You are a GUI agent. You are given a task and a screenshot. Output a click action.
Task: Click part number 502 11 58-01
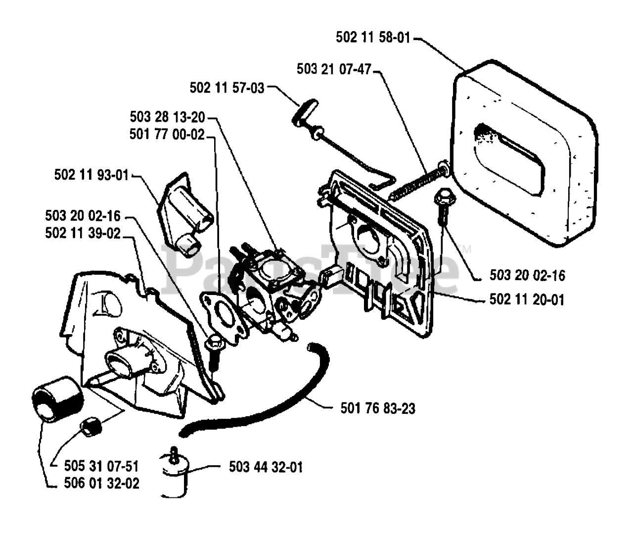(x=373, y=38)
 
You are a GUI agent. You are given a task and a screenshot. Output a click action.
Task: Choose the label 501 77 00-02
(x=167, y=134)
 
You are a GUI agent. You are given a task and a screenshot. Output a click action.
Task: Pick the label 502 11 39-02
(x=83, y=233)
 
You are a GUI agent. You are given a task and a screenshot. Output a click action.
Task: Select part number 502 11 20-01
(x=527, y=299)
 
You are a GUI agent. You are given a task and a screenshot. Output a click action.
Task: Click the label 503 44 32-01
(x=266, y=466)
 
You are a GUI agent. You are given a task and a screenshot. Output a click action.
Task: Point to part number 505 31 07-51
(x=101, y=466)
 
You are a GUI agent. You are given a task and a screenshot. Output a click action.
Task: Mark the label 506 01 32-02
(x=101, y=483)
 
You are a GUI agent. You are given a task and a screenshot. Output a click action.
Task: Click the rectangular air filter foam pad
(x=524, y=153)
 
